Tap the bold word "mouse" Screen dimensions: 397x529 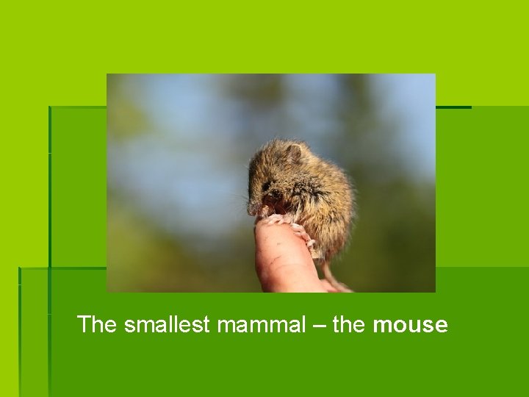click(410, 324)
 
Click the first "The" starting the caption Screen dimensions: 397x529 click(97, 324)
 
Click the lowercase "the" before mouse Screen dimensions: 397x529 click(349, 324)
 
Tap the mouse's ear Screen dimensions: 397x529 click(293, 154)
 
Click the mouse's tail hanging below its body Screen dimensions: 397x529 click(334, 279)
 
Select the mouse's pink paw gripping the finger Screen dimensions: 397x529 click(275, 219)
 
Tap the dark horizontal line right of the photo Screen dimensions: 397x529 click(453, 107)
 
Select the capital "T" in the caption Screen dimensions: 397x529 click(84, 324)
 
